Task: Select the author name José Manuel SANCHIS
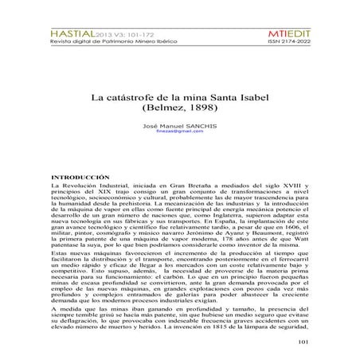coord(179,127)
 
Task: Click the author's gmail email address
coord(179,133)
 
